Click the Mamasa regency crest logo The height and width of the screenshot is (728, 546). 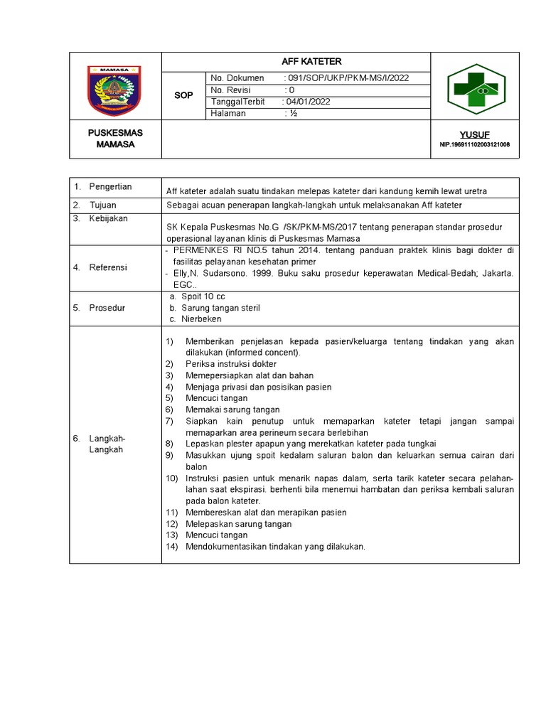pyautogui.click(x=115, y=89)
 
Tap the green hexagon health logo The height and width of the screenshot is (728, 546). pyautogui.click(x=476, y=89)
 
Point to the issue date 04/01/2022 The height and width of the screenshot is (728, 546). pyautogui.click(x=308, y=102)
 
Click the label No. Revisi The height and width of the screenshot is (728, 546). pyautogui.click(x=232, y=90)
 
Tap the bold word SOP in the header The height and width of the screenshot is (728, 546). pyautogui.click(x=183, y=95)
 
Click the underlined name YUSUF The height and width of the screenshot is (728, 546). pyautogui.click(x=474, y=134)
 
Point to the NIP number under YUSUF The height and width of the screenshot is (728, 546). pyautogui.click(x=474, y=145)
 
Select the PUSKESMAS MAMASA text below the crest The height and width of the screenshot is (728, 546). pyautogui.click(x=115, y=139)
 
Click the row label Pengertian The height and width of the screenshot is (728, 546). pyautogui.click(x=110, y=186)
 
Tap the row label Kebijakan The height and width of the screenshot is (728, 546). pyautogui.click(x=108, y=218)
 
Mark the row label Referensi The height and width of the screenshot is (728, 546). pyautogui.click(x=108, y=267)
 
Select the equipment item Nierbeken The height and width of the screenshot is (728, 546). pyautogui.click(x=201, y=319)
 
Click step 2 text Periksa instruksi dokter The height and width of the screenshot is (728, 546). pyautogui.click(x=231, y=364)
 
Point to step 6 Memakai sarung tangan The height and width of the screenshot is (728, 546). pyautogui.click(x=232, y=409)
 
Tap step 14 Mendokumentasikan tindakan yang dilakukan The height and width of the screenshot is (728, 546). pyautogui.click(x=275, y=547)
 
